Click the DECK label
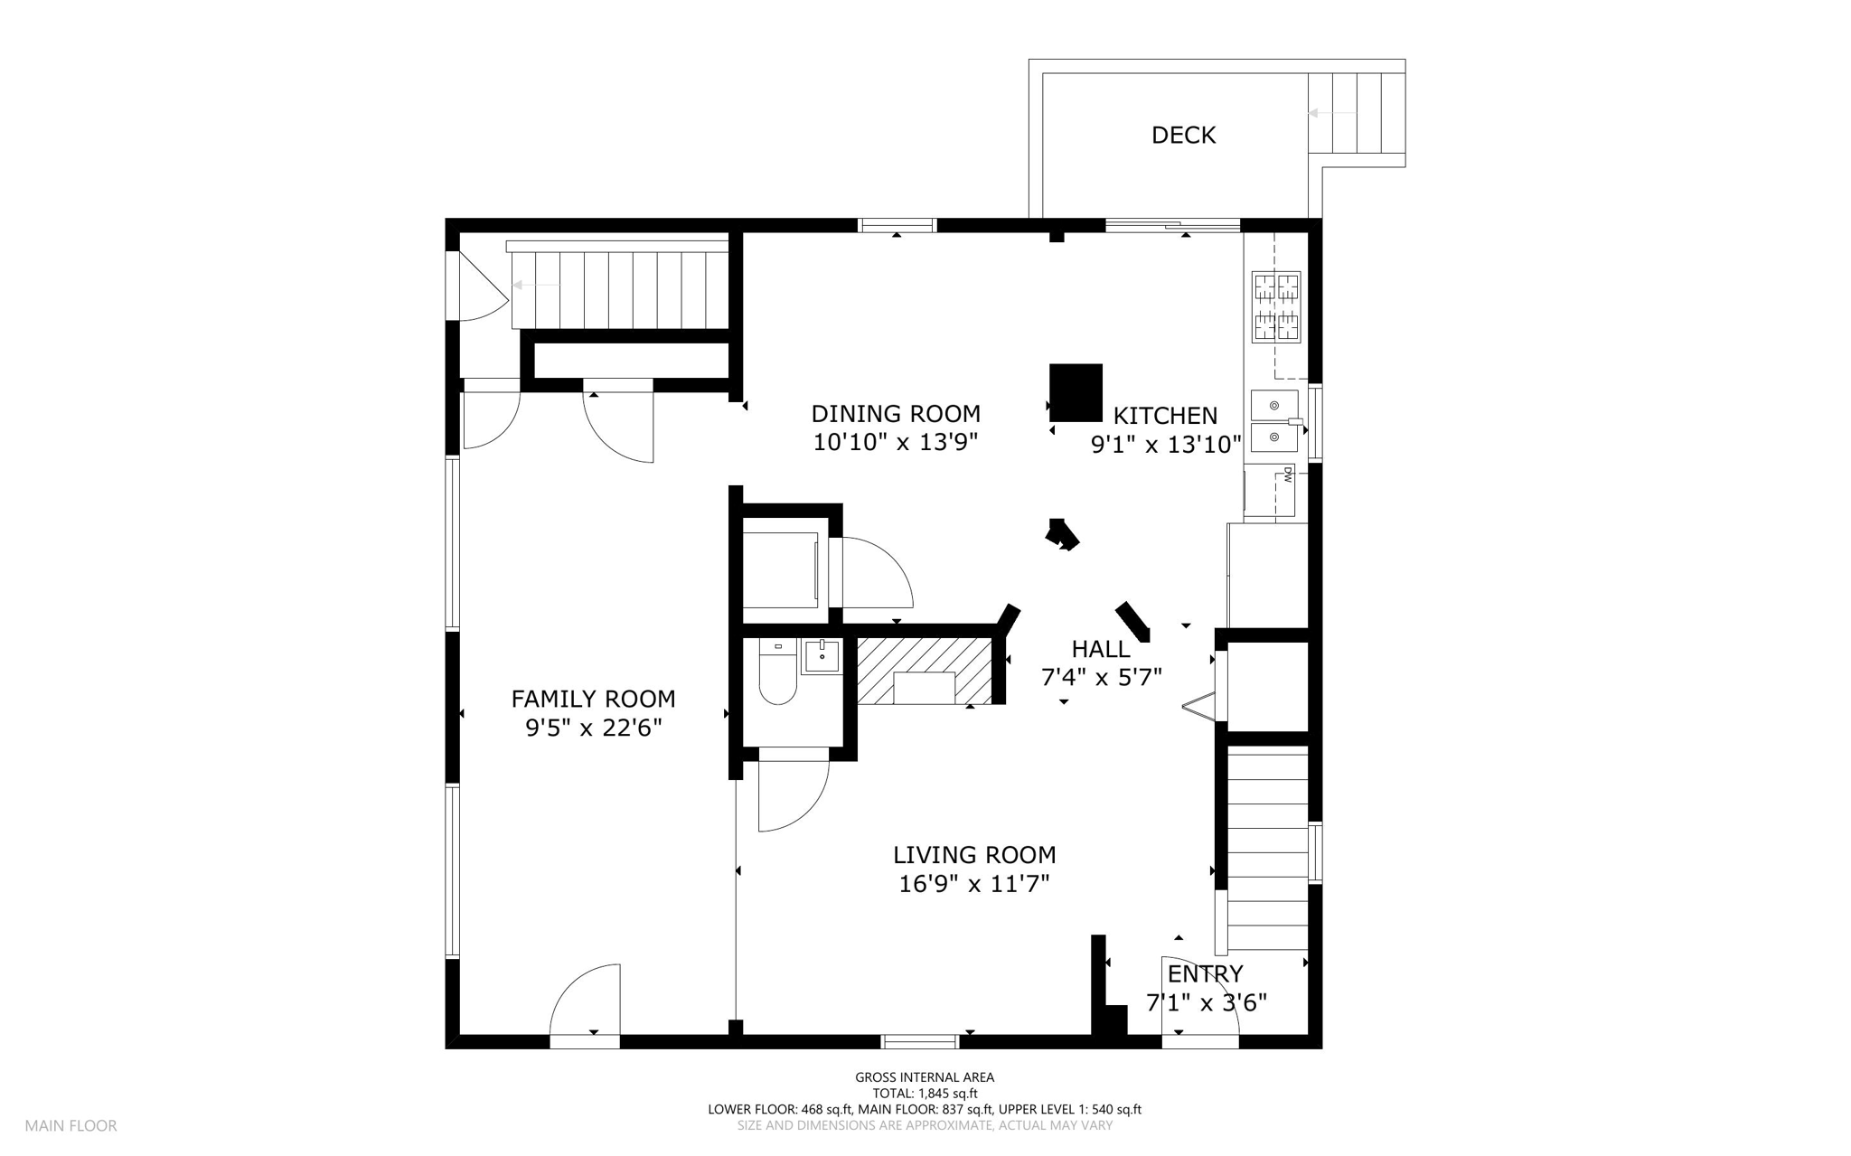click(1183, 136)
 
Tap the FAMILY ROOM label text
click(593, 699)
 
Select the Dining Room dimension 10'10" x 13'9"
click(896, 443)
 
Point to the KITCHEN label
click(1165, 416)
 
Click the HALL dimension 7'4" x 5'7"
click(1101, 678)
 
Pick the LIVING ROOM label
click(974, 855)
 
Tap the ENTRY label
click(1205, 973)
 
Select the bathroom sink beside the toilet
click(822, 655)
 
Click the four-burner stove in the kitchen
click(1276, 307)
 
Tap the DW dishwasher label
click(1287, 475)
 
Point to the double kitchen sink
click(1275, 421)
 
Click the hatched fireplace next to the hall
click(925, 671)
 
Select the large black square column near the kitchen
click(1076, 392)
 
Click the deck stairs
click(1357, 113)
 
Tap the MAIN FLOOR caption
click(70, 1126)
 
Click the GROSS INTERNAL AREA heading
click(925, 1077)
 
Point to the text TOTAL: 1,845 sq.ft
click(925, 1094)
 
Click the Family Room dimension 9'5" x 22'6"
click(594, 728)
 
